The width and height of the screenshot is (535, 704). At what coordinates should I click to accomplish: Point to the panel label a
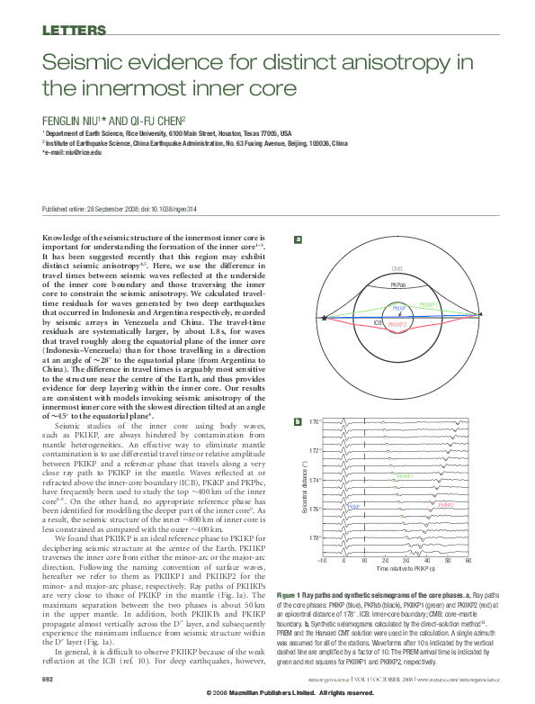tap(299, 239)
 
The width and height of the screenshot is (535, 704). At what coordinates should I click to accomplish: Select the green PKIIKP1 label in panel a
tap(430, 305)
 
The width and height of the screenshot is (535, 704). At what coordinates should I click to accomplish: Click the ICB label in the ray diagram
tap(378, 320)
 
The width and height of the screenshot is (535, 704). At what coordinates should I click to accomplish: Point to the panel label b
tap(299, 421)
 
